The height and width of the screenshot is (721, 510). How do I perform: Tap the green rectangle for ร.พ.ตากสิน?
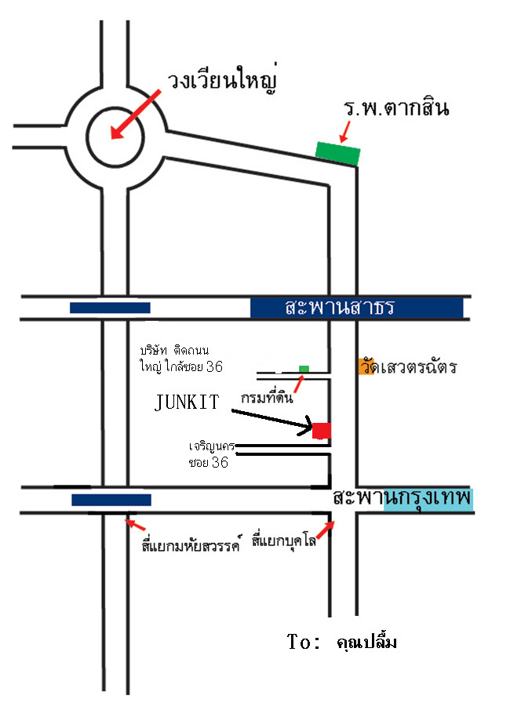(x=338, y=151)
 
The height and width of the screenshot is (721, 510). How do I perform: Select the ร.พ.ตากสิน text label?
(x=395, y=108)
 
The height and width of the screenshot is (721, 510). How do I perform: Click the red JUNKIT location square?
(x=321, y=430)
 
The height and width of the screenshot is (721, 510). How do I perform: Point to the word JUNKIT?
(x=188, y=402)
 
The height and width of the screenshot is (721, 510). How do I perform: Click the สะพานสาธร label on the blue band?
(x=339, y=308)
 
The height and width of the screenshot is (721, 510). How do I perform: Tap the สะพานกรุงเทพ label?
(x=402, y=498)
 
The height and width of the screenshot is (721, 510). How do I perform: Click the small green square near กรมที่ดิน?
(x=304, y=368)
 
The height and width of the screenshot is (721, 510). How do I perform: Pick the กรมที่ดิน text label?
(x=268, y=397)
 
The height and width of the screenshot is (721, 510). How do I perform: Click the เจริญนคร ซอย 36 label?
(x=208, y=454)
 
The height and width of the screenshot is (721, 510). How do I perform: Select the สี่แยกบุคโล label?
(x=283, y=541)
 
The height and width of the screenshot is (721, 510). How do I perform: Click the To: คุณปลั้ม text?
(x=342, y=643)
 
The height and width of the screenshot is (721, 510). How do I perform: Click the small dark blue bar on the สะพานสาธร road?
(x=110, y=308)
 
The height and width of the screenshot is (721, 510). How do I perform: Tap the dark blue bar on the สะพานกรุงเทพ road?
(x=111, y=500)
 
